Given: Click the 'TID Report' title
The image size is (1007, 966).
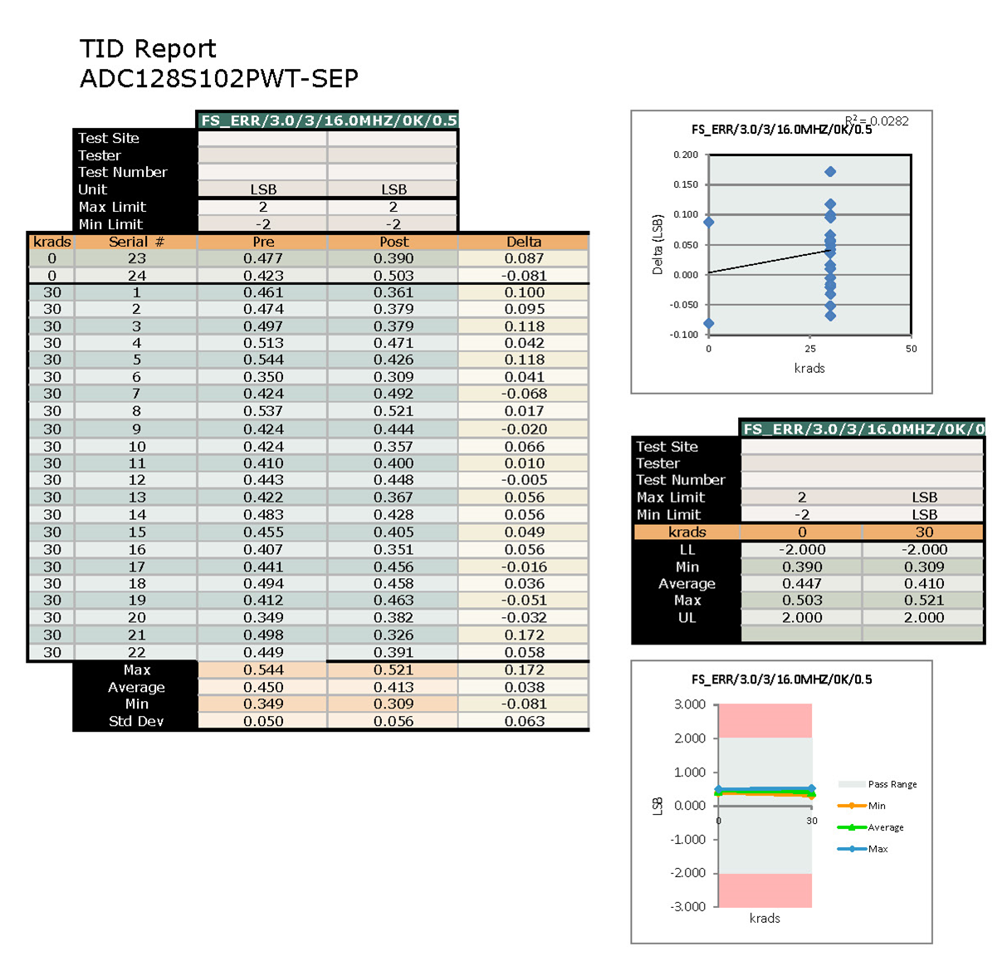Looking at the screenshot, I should click(148, 49).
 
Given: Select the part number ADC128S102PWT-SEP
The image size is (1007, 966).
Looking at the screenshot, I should click(219, 79).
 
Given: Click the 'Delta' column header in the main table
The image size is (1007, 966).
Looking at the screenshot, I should click(524, 242).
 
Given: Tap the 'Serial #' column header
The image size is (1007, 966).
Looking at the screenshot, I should click(136, 242).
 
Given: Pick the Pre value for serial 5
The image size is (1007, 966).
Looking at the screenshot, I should click(263, 360).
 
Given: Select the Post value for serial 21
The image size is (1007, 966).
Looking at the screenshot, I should click(394, 635).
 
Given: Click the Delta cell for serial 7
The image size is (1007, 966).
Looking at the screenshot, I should click(524, 394).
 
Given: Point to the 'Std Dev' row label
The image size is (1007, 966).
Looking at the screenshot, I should click(136, 721).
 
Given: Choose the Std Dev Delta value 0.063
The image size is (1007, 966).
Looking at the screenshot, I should click(524, 721).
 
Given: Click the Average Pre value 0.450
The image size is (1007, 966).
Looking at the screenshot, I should click(263, 687).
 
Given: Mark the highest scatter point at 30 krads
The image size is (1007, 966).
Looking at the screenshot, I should click(830, 172).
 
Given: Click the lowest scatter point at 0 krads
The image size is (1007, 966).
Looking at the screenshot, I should click(708, 324).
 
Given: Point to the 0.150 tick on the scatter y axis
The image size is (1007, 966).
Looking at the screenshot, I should click(685, 184).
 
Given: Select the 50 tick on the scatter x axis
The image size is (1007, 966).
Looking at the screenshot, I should click(911, 349).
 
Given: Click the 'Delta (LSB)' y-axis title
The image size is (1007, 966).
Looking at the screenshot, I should click(657, 244).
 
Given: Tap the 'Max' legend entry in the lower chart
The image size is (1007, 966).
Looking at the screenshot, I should click(877, 849).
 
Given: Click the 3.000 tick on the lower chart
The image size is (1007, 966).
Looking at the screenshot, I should click(689, 704).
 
